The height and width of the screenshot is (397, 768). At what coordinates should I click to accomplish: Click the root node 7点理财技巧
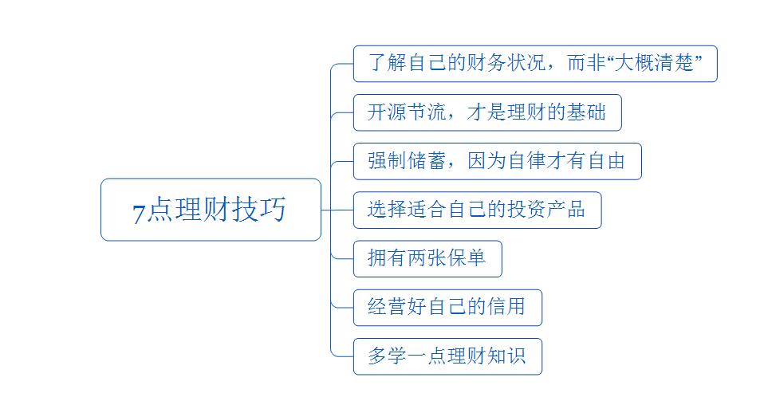pyautogui.click(x=211, y=210)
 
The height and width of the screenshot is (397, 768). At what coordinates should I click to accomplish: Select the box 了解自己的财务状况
pyautogui.click(x=534, y=64)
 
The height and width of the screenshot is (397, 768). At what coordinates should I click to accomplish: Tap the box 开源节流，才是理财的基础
pyautogui.click(x=486, y=112)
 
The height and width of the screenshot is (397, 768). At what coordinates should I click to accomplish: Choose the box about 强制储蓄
pyautogui.click(x=496, y=161)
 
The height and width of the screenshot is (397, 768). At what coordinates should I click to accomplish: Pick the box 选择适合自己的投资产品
pyautogui.click(x=476, y=210)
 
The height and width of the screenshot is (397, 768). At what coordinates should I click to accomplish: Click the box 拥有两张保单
pyautogui.click(x=427, y=258)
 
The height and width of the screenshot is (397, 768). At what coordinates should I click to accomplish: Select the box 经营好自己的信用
pyautogui.click(x=447, y=307)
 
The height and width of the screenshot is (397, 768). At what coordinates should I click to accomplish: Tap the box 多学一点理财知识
pyautogui.click(x=447, y=356)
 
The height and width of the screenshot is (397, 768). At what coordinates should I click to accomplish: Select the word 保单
pyautogui.click(x=466, y=258)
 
